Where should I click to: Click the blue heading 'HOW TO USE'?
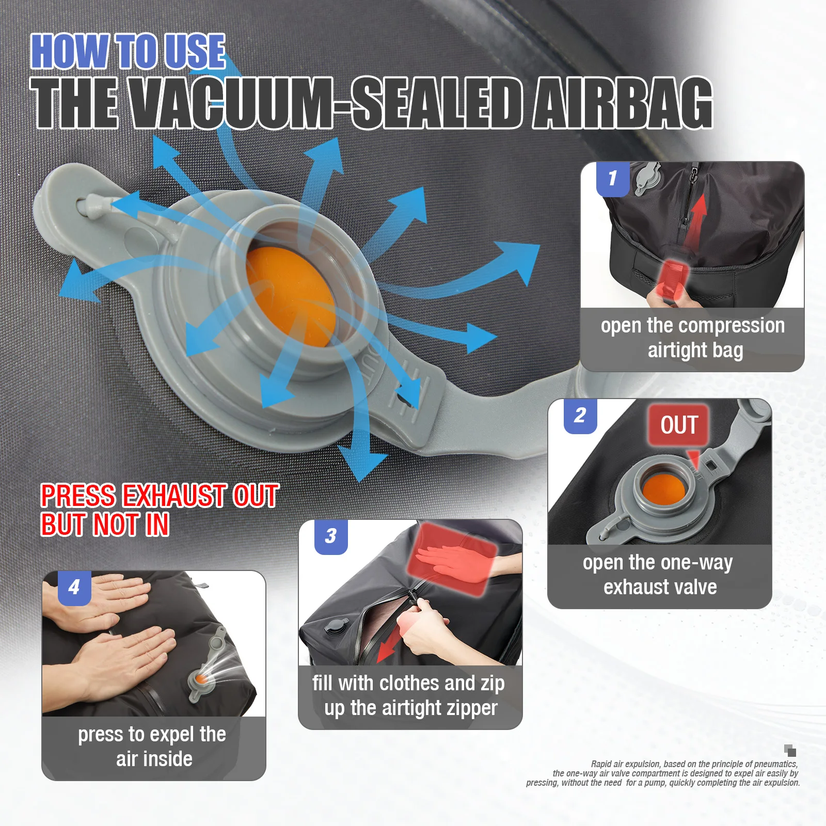click(x=128, y=51)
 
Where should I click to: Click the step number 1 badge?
click(x=613, y=179)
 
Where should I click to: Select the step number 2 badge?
click(x=580, y=416)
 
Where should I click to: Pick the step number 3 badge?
click(x=331, y=536)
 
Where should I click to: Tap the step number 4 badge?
click(x=74, y=587)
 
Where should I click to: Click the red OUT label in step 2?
click(x=678, y=425)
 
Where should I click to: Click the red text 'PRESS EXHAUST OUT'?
click(x=160, y=496)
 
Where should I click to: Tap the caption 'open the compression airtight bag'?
click(x=693, y=338)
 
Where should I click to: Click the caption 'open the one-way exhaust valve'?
click(x=659, y=574)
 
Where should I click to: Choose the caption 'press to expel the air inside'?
click(x=153, y=746)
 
